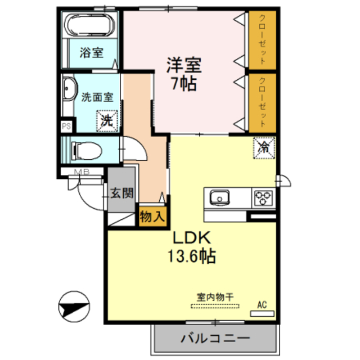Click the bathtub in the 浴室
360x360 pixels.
coord(90,25)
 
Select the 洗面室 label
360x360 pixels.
coord(97,96)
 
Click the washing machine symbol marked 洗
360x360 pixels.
coord(107,119)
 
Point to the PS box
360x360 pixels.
coord(66,127)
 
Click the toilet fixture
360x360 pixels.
coord(87,151)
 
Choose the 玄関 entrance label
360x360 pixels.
coord(121,193)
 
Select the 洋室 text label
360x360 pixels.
coord(181,65)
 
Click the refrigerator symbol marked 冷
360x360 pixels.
coord(264,148)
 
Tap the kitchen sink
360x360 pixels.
coord(219,198)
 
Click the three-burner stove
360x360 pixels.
coord(263,198)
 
